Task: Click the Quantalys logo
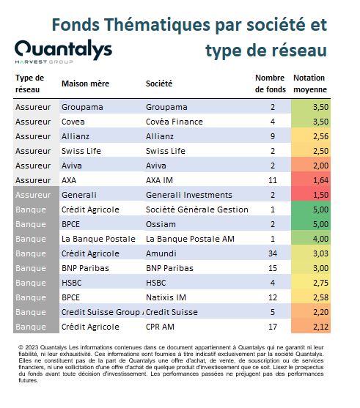point(63,51)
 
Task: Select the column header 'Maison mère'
point(85,84)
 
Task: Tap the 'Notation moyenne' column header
point(310,84)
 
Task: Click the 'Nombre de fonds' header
point(271,84)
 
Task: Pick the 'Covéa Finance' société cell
point(175,122)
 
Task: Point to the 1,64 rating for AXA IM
point(320,180)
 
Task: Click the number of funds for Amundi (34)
point(273,253)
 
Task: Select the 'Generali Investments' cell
point(189,195)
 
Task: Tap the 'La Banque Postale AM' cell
point(190,239)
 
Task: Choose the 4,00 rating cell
point(320,239)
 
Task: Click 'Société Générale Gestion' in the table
point(197,209)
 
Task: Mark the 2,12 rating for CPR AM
point(320,327)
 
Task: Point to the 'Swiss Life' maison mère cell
point(81,151)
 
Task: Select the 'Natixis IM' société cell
point(166,297)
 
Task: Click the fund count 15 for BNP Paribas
point(273,268)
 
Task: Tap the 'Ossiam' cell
point(161,224)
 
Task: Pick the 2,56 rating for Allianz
point(320,136)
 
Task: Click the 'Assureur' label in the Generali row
point(33,195)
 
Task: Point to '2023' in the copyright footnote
point(32,347)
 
